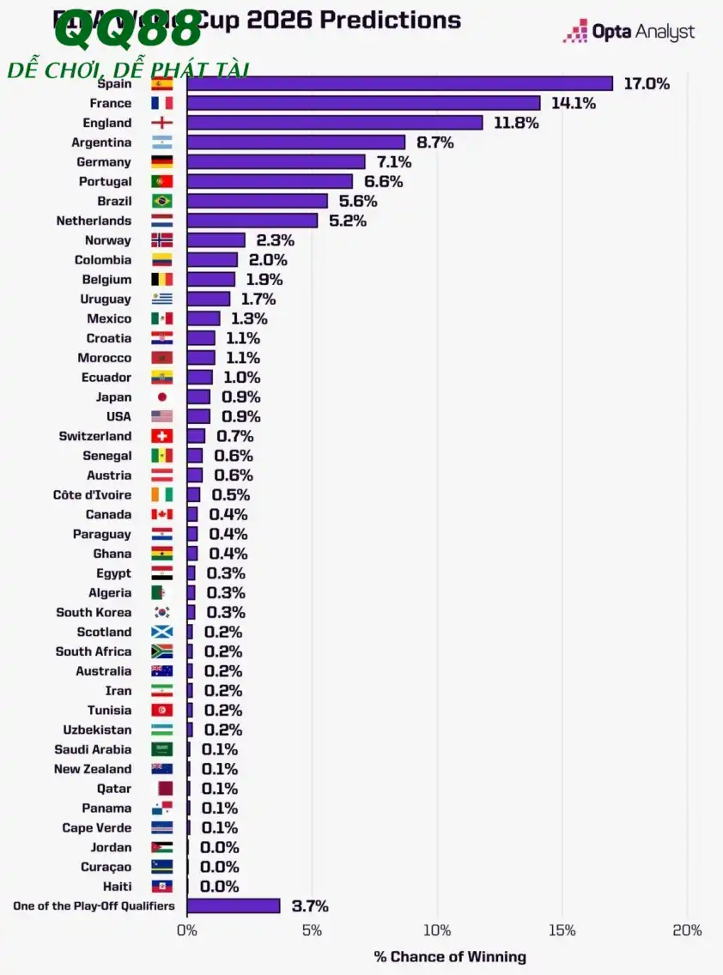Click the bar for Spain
[399, 83]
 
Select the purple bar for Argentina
[295, 142]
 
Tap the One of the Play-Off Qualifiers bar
[233, 906]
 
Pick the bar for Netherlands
[252, 221]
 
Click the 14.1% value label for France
[574, 103]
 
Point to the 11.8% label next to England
[515, 123]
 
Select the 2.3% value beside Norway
[275, 240]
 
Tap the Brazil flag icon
[162, 201]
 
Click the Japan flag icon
[162, 397]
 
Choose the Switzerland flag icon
[162, 436]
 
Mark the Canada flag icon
[162, 515]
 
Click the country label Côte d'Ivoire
[92, 495]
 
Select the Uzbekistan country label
[97, 730]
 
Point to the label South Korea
[94, 613]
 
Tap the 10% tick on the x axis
[437, 930]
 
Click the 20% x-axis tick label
[687, 930]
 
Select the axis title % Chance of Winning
[450, 956]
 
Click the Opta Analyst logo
[629, 33]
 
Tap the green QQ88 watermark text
[129, 33]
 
